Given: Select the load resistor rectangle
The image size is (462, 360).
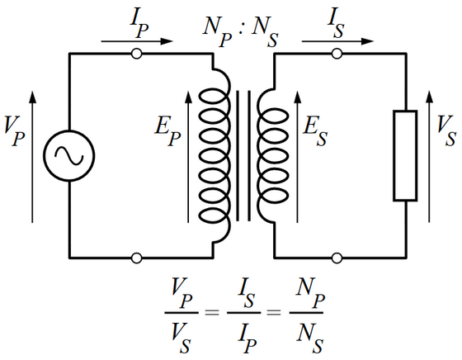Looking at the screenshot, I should [x=404, y=155].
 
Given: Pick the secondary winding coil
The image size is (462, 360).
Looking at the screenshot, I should [x=269, y=155].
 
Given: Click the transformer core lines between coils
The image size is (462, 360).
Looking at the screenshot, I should [x=242, y=155].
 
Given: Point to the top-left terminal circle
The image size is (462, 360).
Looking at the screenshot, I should [x=137, y=54].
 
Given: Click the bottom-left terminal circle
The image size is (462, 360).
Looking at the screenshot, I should [x=137, y=257].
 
